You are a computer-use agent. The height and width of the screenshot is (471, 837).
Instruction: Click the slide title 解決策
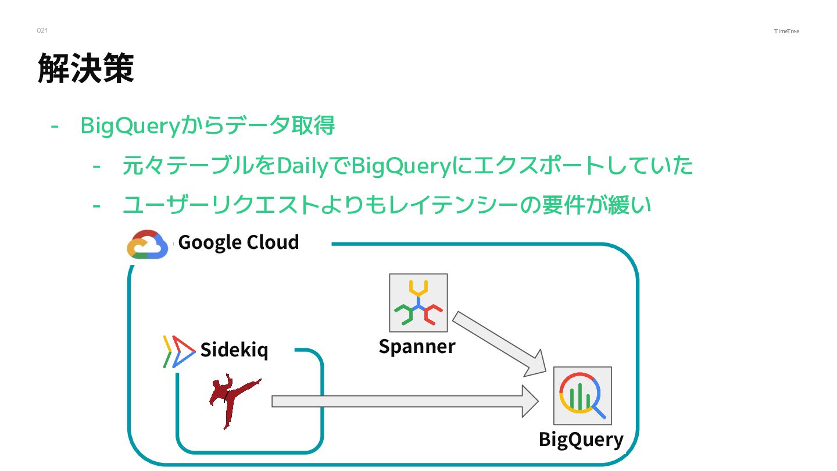[86, 68]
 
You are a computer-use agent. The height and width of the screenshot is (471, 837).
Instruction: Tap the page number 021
[42, 30]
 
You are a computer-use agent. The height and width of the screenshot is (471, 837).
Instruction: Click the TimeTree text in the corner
[786, 31]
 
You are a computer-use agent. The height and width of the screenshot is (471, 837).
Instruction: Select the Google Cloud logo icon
[148, 244]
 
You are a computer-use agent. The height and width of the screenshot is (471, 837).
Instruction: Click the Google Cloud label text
[238, 242]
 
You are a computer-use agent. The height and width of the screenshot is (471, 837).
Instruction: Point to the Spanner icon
[418, 302]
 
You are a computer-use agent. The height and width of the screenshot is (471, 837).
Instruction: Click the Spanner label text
[417, 347]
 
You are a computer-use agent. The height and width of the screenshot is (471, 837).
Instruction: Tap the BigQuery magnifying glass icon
[582, 395]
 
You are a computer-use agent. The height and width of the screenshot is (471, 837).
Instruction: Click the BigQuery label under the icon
[581, 439]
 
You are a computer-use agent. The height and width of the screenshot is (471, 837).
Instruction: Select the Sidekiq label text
[234, 349]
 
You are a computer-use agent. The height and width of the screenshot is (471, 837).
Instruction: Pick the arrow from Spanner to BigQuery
[499, 344]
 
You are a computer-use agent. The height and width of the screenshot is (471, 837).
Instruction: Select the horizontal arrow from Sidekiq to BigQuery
[405, 401]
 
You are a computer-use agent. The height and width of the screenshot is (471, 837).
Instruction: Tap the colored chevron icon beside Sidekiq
[178, 351]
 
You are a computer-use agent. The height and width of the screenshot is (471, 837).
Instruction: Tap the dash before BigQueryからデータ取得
[55, 126]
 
